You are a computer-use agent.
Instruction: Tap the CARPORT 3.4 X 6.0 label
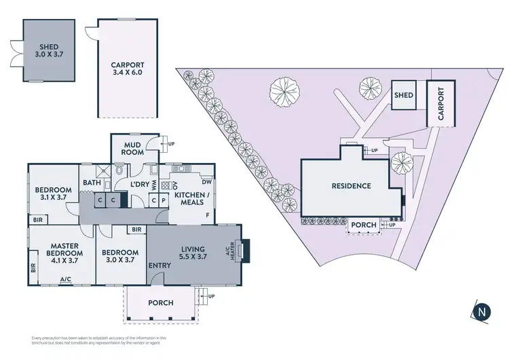pos(128,71)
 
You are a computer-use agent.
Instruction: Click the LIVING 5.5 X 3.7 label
pos(192,253)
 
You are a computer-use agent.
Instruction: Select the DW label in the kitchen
pos(206,181)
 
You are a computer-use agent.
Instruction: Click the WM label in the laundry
pos(153,184)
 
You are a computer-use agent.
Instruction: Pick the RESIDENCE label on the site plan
pos(351,186)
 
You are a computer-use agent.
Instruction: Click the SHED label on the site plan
pos(404,96)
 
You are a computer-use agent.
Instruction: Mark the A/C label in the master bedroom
pos(66,279)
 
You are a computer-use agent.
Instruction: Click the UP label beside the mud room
pos(171,144)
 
